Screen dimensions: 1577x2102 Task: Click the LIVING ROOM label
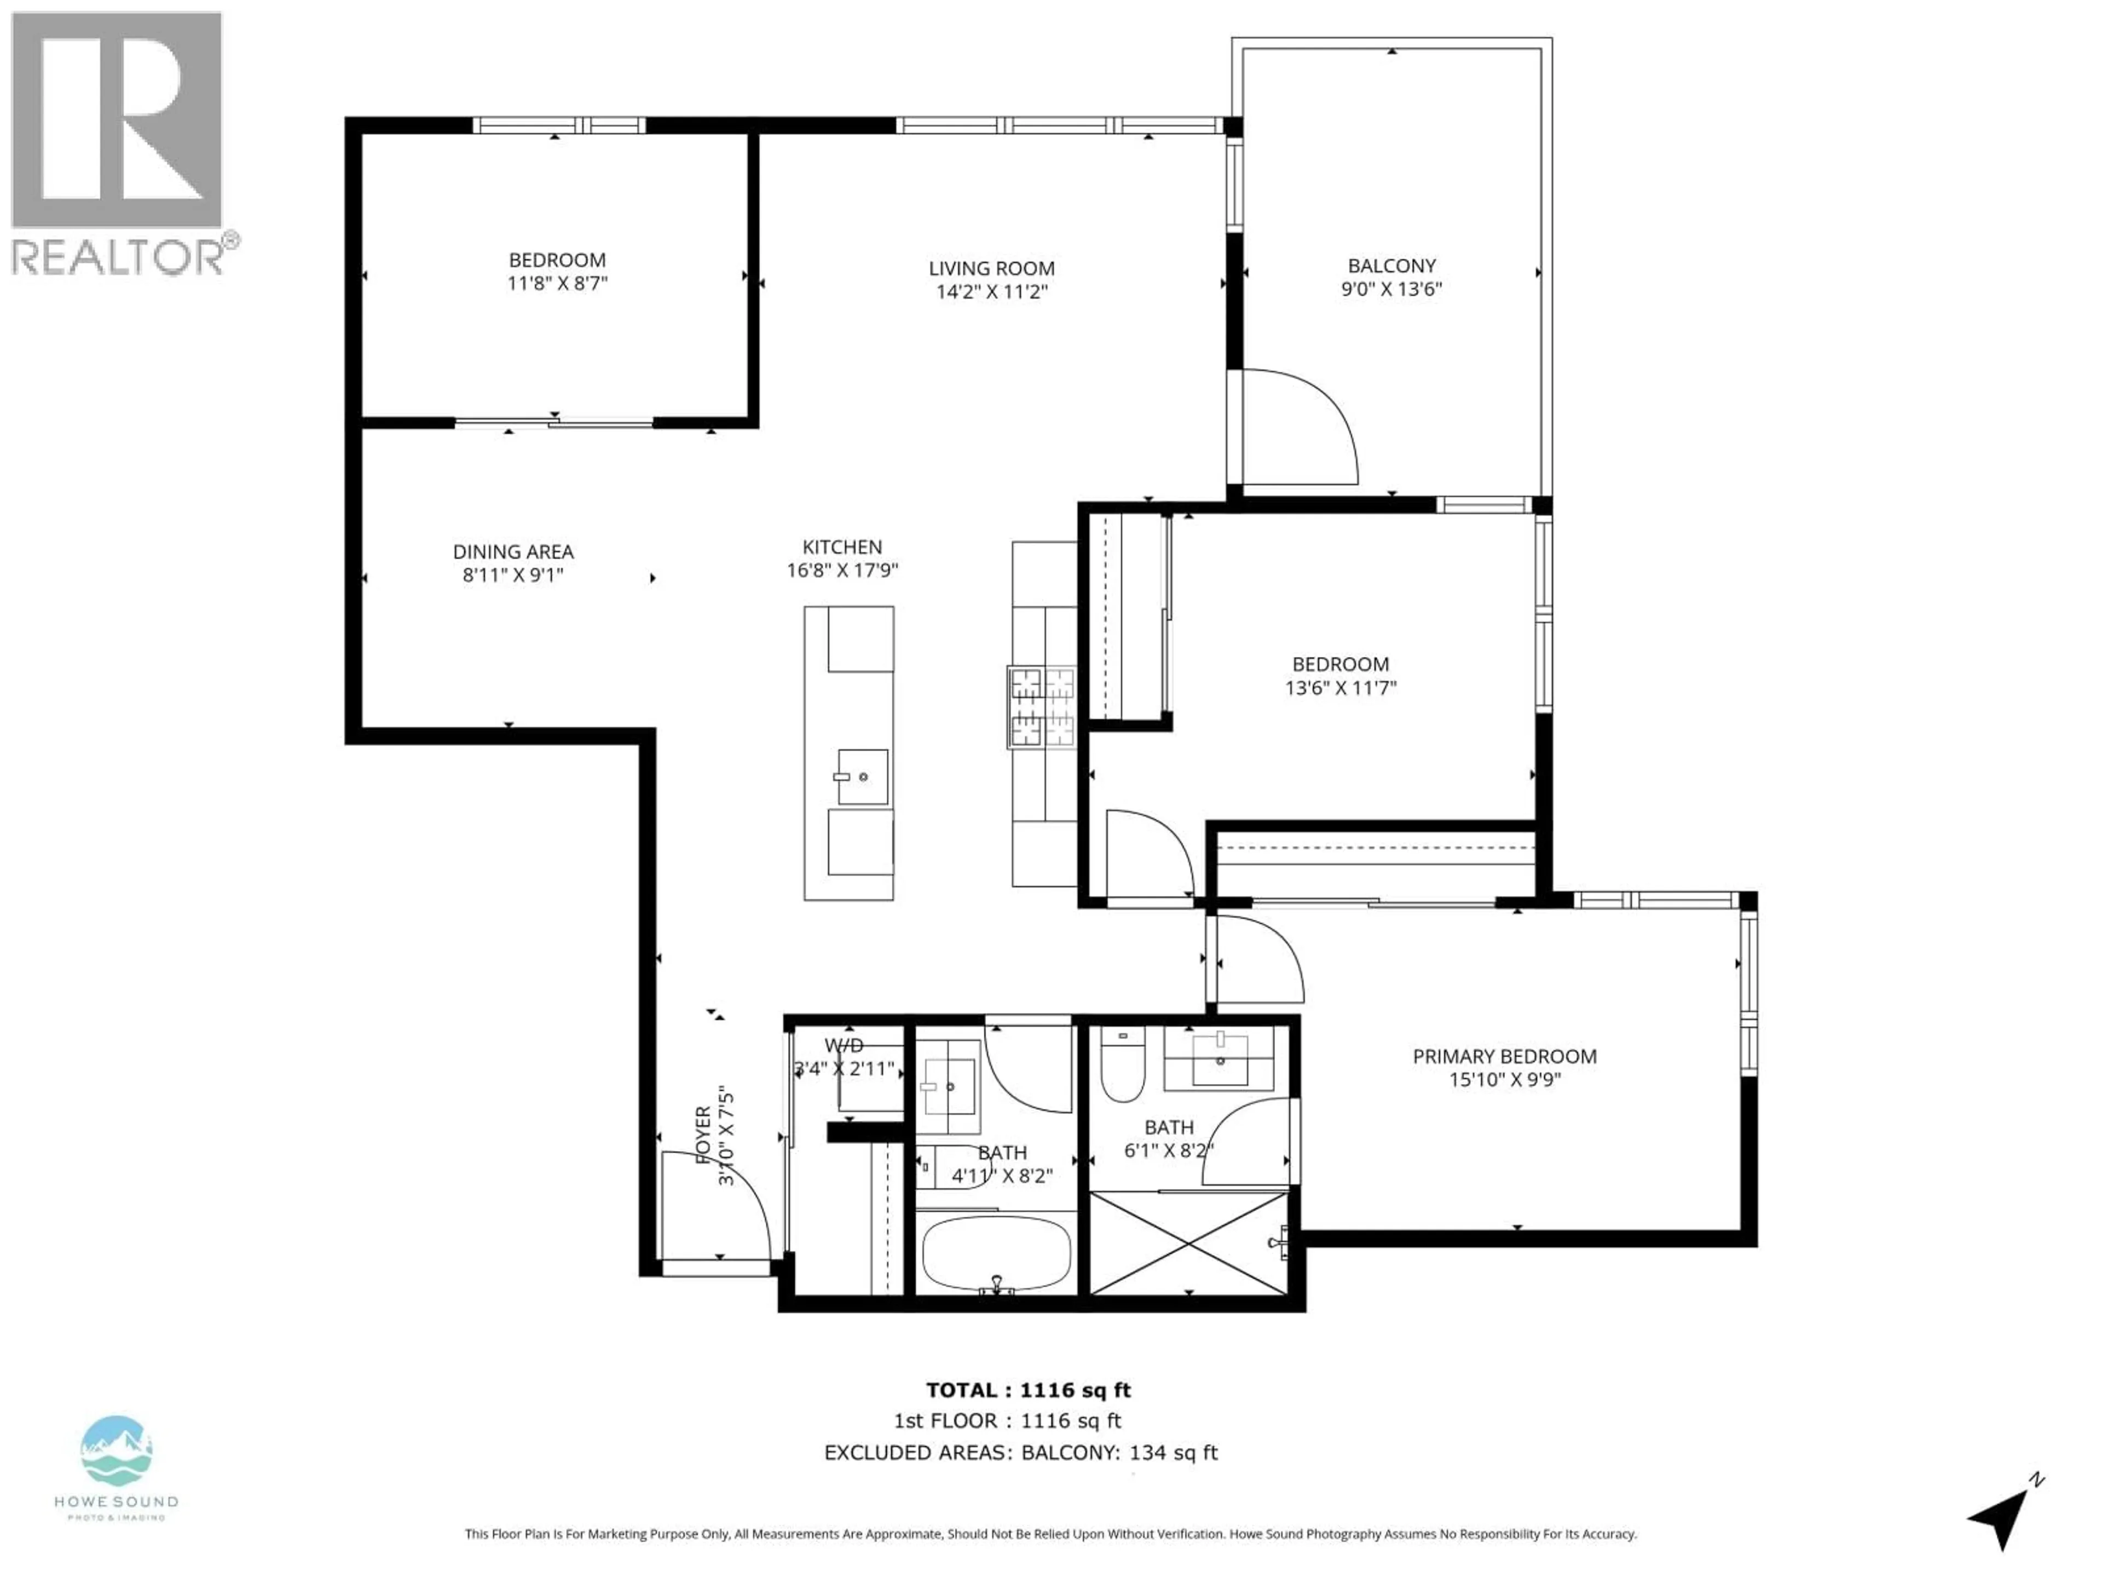(x=991, y=269)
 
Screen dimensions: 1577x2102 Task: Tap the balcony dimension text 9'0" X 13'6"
(x=1391, y=289)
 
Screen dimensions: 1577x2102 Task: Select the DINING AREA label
(x=512, y=551)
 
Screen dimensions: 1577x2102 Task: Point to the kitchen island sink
(x=862, y=776)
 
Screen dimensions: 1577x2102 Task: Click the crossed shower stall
(x=1188, y=1244)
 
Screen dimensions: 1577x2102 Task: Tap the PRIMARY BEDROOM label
(x=1504, y=1056)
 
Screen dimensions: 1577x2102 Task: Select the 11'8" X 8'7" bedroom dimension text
(x=557, y=283)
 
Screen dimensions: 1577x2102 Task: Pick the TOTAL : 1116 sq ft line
(x=1028, y=1390)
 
